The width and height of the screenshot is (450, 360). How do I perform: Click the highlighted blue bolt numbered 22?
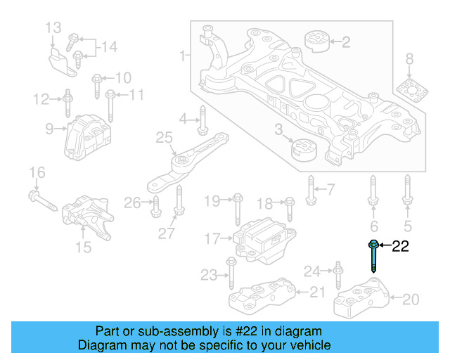[x=373, y=256]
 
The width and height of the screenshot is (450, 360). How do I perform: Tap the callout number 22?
[x=400, y=246]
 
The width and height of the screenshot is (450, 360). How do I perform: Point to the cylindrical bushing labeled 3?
[x=304, y=150]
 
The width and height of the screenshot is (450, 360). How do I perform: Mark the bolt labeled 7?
[x=310, y=188]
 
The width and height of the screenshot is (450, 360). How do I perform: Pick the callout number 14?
[x=108, y=47]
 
